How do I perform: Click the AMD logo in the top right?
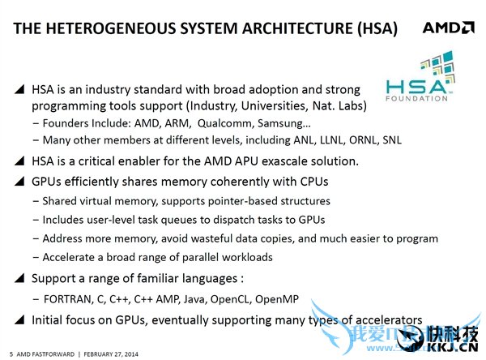pyautogui.click(x=448, y=29)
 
